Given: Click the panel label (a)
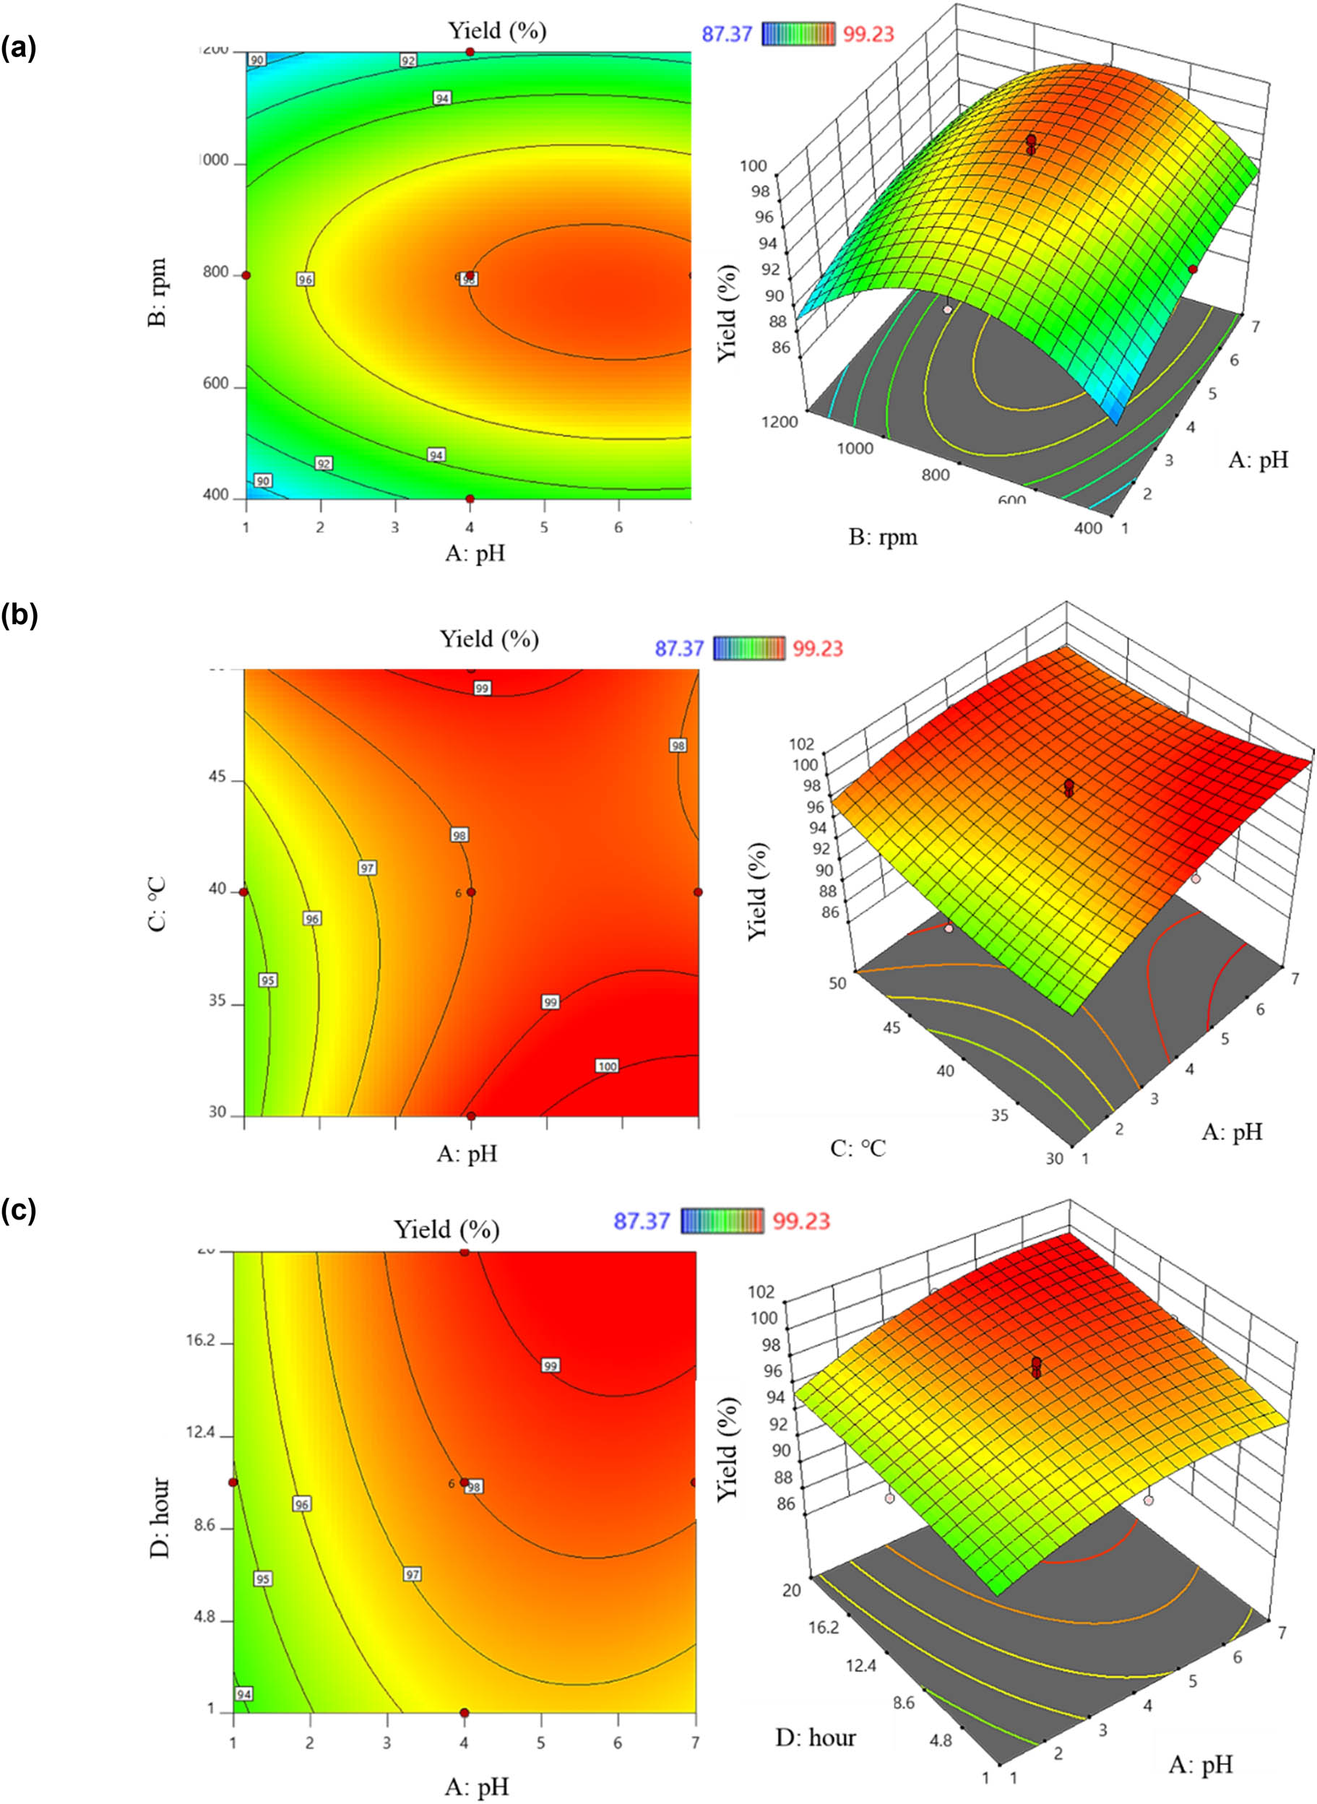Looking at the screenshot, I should pyautogui.click(x=18, y=48).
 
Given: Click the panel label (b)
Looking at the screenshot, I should pyautogui.click(x=18, y=616).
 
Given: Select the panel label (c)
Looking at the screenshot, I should pyautogui.click(x=18, y=1212).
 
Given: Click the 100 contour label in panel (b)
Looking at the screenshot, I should pyautogui.click(x=607, y=1066).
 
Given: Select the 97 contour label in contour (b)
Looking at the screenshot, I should pyautogui.click(x=367, y=868).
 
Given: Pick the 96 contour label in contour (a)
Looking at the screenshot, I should pyautogui.click(x=306, y=279).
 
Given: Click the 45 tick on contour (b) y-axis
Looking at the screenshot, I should pyautogui.click(x=217, y=777).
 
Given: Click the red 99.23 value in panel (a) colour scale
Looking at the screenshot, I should pyautogui.click(x=868, y=33).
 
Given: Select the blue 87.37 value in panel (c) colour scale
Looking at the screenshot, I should pyautogui.click(x=641, y=1220).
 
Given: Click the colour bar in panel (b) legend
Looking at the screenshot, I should pyautogui.click(x=748, y=647).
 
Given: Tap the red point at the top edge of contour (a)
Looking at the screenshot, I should pyautogui.click(x=470, y=52).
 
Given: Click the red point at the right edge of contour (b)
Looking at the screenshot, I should pyautogui.click(x=699, y=892).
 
